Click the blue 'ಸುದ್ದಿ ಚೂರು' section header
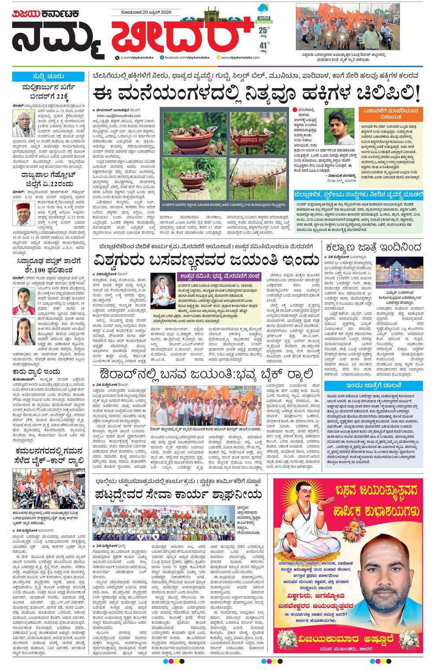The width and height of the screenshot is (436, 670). click(48, 77)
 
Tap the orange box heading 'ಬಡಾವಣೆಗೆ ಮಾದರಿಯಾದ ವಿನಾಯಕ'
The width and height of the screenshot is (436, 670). click(391, 114)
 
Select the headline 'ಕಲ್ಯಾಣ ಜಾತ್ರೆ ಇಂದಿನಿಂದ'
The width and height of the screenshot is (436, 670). click(373, 247)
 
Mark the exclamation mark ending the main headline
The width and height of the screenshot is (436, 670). click(417, 93)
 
